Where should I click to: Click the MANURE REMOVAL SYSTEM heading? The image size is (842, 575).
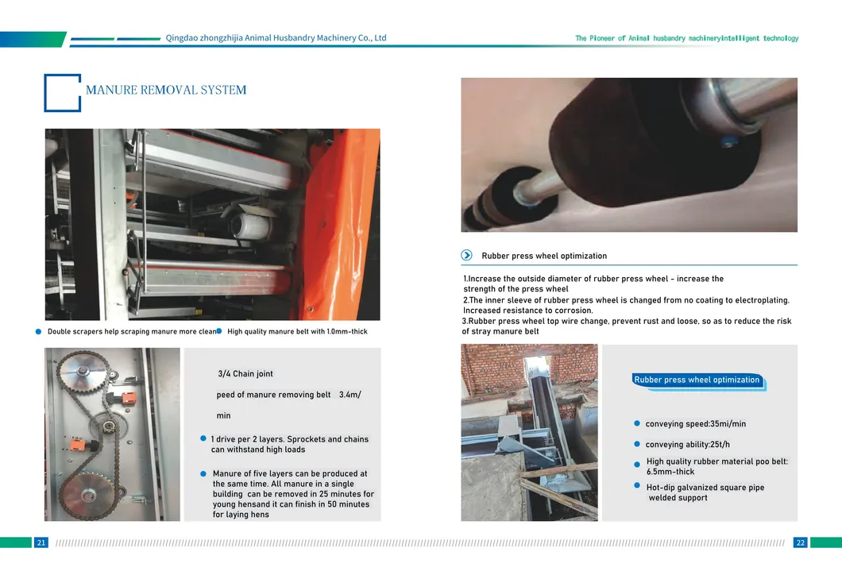click(x=166, y=90)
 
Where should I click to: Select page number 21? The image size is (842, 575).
click(x=41, y=542)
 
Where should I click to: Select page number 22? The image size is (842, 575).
click(x=800, y=542)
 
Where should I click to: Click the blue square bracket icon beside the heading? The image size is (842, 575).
click(x=62, y=92)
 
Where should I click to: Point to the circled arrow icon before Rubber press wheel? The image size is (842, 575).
click(x=466, y=256)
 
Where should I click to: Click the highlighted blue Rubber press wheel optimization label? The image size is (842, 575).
click(x=697, y=380)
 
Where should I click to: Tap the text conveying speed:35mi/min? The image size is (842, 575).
click(x=695, y=424)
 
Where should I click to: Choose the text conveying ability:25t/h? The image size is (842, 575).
click(x=687, y=445)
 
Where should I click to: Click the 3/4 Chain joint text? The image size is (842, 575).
click(x=245, y=374)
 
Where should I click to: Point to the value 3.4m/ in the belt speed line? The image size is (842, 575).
click(x=350, y=395)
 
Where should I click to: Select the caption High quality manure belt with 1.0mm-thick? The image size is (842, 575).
click(x=297, y=331)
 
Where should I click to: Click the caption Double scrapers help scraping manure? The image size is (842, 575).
click(x=131, y=331)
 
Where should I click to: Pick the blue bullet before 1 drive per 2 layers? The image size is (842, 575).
click(x=203, y=438)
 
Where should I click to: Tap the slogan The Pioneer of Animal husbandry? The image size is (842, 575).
click(x=686, y=38)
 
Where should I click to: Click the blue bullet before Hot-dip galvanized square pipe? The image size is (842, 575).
click(x=637, y=485)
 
